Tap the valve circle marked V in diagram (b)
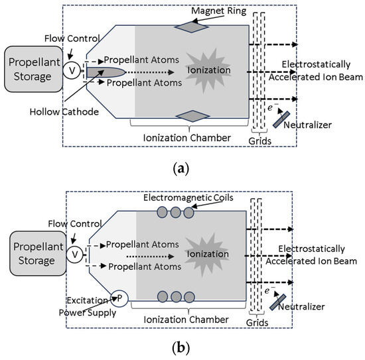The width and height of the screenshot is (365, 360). pos(76,253)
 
